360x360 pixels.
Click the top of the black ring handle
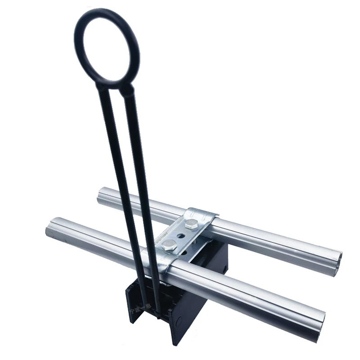click(x=107, y=11)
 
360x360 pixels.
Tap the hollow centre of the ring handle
click(x=107, y=47)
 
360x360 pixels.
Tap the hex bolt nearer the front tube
click(x=170, y=245)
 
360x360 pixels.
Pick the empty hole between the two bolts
click(x=180, y=234)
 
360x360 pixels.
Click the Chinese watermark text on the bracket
click(x=137, y=310)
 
